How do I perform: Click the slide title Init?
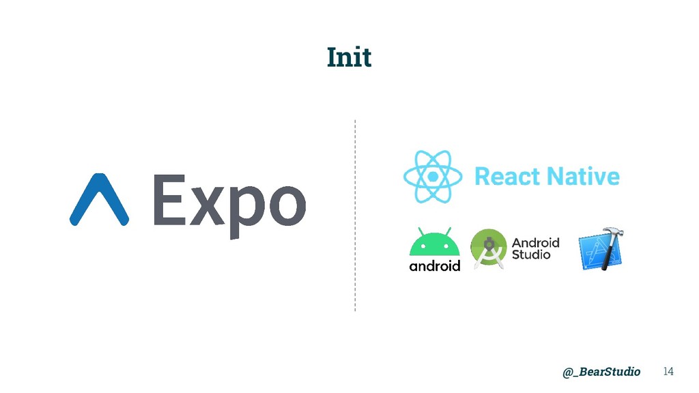coord(349,57)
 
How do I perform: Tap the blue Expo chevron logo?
coord(99,200)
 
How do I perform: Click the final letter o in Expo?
coord(285,205)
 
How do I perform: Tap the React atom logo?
coord(433,177)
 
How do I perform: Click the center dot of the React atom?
coord(433,177)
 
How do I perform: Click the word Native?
coord(582,177)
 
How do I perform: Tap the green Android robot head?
coord(434,244)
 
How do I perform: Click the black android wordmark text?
coord(434,266)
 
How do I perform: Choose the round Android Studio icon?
coord(487,248)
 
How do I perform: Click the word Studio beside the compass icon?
coord(531,254)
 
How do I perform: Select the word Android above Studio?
coord(535,242)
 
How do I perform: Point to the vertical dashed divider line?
coord(355,215)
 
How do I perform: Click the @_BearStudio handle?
coord(601,371)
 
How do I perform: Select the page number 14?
coord(668,371)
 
